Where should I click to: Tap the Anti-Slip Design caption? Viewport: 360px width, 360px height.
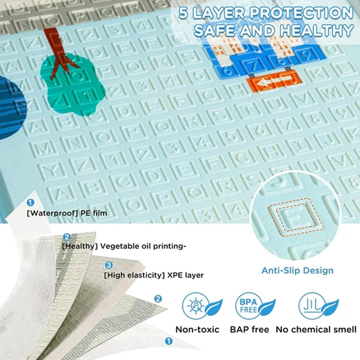pyautogui.click(x=297, y=270)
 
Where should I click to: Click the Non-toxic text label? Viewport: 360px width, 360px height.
pyautogui.click(x=197, y=329)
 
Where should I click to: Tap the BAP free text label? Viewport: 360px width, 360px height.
pyautogui.click(x=249, y=329)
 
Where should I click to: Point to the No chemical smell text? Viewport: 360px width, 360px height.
pyautogui.click(x=316, y=329)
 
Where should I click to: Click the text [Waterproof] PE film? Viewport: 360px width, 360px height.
pyautogui.click(x=67, y=213)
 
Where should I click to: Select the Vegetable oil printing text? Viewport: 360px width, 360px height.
pyautogui.click(x=124, y=246)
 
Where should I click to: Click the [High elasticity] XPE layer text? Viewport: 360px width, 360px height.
pyautogui.click(x=154, y=275)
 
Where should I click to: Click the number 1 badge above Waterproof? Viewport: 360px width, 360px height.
pyautogui.click(x=31, y=203)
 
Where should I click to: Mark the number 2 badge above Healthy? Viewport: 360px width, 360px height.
pyautogui.click(x=67, y=237)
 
